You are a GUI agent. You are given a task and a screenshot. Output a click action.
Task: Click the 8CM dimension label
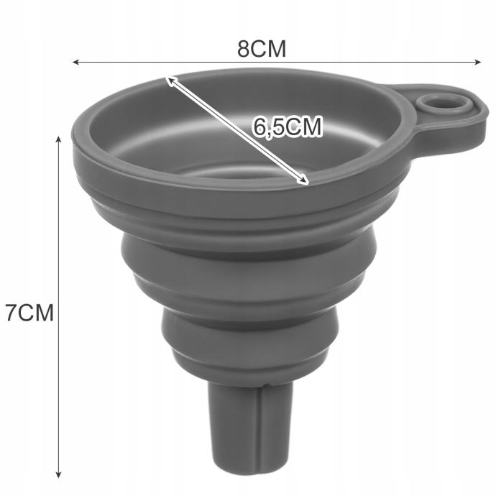click(x=262, y=49)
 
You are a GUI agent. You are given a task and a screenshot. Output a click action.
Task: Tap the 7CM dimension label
click(x=30, y=313)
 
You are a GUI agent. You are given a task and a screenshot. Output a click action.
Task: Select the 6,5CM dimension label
click(x=288, y=127)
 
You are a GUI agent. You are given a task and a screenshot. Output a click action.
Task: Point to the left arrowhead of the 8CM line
click(x=76, y=62)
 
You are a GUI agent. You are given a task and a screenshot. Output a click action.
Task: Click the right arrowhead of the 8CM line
click(x=477, y=62)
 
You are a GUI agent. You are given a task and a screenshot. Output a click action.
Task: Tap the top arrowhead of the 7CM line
click(x=58, y=140)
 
